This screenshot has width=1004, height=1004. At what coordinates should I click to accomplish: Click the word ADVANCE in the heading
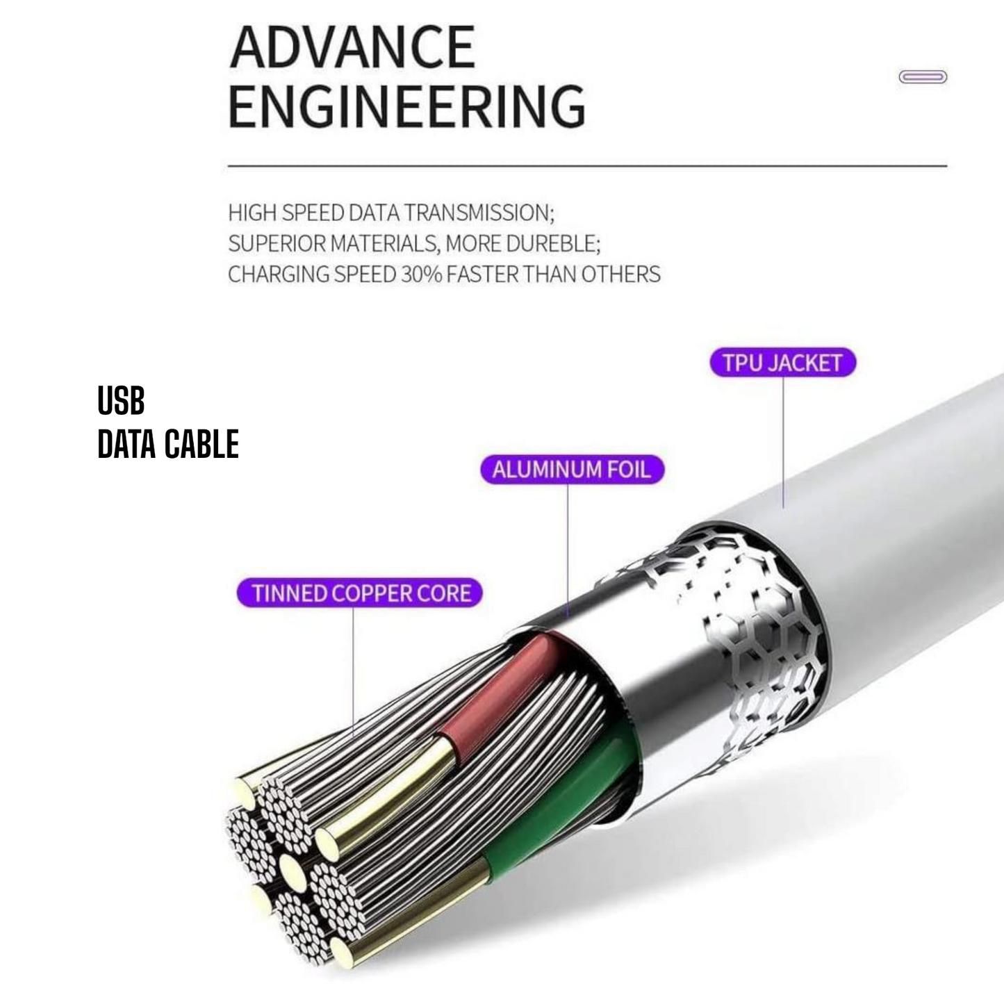pos(352,47)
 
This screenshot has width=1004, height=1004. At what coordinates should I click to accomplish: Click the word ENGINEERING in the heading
pos(406,106)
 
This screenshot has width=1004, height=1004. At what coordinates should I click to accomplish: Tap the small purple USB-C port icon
pos(923,76)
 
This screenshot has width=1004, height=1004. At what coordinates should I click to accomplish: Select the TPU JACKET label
pos(782,363)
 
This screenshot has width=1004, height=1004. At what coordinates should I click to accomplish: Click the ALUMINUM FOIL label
pos(571,470)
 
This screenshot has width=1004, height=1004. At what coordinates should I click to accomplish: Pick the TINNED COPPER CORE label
pos(361,593)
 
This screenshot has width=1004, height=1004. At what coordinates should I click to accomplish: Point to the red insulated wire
pos(500,695)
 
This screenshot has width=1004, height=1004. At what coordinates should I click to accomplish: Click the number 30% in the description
pos(421,274)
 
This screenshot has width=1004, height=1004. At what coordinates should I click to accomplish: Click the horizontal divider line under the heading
pos(587,166)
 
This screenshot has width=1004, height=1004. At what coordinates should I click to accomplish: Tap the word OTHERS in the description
pos(620,274)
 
